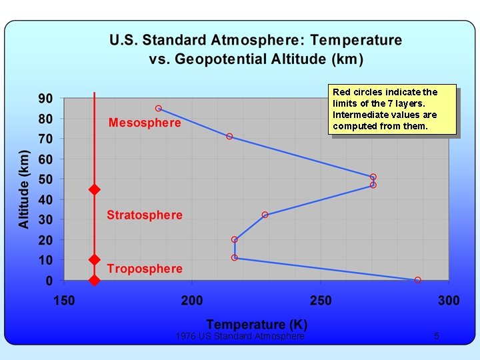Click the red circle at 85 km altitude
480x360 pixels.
click(159, 108)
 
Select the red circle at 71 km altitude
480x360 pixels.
click(229, 136)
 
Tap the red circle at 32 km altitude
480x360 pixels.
click(265, 215)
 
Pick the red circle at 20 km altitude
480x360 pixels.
click(235, 239)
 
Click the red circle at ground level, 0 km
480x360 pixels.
click(418, 280)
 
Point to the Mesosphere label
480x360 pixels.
click(145, 123)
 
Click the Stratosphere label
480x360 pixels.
click(145, 215)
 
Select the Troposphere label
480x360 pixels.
click(145, 269)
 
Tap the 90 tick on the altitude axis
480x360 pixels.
click(45, 99)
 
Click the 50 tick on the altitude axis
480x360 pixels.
click(45, 179)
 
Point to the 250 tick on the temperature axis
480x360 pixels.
click(321, 301)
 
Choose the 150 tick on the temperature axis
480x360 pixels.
click(65, 301)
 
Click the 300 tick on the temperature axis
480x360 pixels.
click(449, 301)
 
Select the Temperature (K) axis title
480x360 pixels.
click(257, 325)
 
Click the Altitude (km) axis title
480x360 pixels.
click(25, 189)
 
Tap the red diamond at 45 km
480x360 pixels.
click(95, 190)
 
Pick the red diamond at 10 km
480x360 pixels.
click(95, 259)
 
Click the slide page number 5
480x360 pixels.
click(437, 337)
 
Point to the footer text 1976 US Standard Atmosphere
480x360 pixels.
click(240, 337)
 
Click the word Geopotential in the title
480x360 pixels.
click(217, 59)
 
